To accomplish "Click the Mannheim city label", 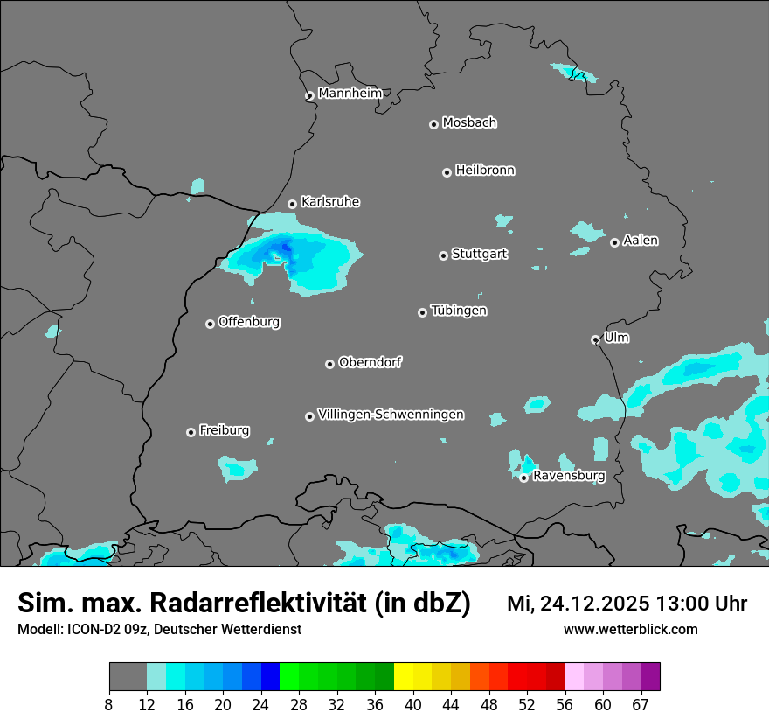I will [350, 94].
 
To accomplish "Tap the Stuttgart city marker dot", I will [443, 255].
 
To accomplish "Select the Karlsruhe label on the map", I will [330, 202].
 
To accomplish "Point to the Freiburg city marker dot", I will [191, 432].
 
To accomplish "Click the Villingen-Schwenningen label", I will [391, 415].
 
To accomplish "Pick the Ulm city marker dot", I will [595, 339].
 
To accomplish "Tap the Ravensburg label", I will [569, 476].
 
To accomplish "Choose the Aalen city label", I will [641, 241].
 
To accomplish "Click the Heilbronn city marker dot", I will [447, 172].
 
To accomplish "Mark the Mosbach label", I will [469, 123].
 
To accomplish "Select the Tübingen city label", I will [459, 311].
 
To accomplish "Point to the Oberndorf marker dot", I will [329, 364].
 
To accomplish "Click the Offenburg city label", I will [249, 322].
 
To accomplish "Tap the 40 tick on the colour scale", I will [412, 704].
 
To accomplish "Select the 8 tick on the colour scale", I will [109, 704].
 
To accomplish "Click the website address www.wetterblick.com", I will [630, 629].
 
